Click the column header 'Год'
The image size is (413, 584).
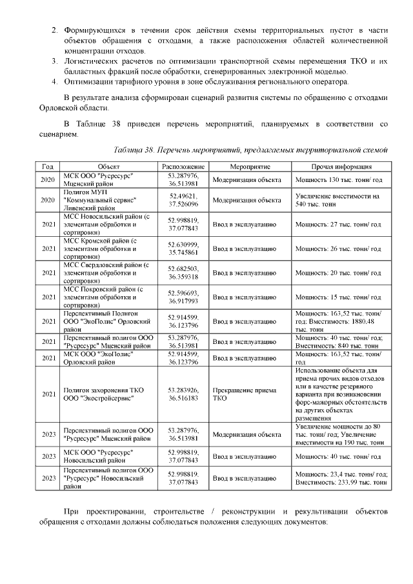[47, 166]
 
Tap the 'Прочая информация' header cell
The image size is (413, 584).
[339, 166]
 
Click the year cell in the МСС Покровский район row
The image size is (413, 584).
[47, 297]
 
